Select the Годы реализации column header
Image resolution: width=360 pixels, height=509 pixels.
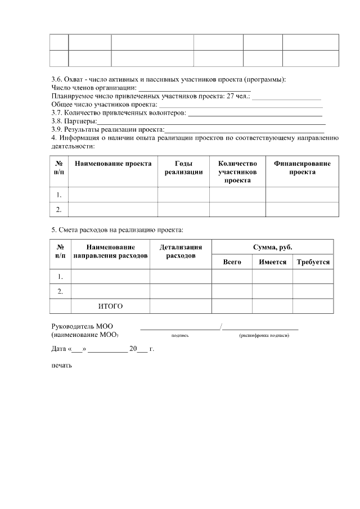[183, 168]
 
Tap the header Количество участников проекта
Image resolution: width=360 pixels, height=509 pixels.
[237, 172]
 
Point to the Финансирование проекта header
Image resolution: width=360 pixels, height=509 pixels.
[302, 168]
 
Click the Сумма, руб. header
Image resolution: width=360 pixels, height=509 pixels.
[273, 247]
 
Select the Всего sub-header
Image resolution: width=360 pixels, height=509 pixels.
[232, 262]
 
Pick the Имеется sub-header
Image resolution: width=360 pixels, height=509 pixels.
[272, 262]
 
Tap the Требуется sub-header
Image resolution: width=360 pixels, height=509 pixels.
[313, 262]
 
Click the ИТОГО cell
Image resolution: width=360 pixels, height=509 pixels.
[110, 306]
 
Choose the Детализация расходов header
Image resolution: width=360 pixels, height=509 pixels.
[181, 251]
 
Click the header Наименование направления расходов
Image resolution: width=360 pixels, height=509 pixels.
[110, 251]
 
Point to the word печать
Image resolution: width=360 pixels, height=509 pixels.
[62, 364]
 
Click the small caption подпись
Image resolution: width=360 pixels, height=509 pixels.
[180, 335]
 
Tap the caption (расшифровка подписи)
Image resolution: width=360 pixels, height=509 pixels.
[264, 335]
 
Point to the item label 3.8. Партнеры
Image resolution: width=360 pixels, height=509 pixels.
[74, 121]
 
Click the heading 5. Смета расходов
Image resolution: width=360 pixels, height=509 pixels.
[117, 229]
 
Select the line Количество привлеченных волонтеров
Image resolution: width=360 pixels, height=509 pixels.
[118, 112]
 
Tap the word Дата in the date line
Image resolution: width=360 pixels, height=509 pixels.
[58, 349]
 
